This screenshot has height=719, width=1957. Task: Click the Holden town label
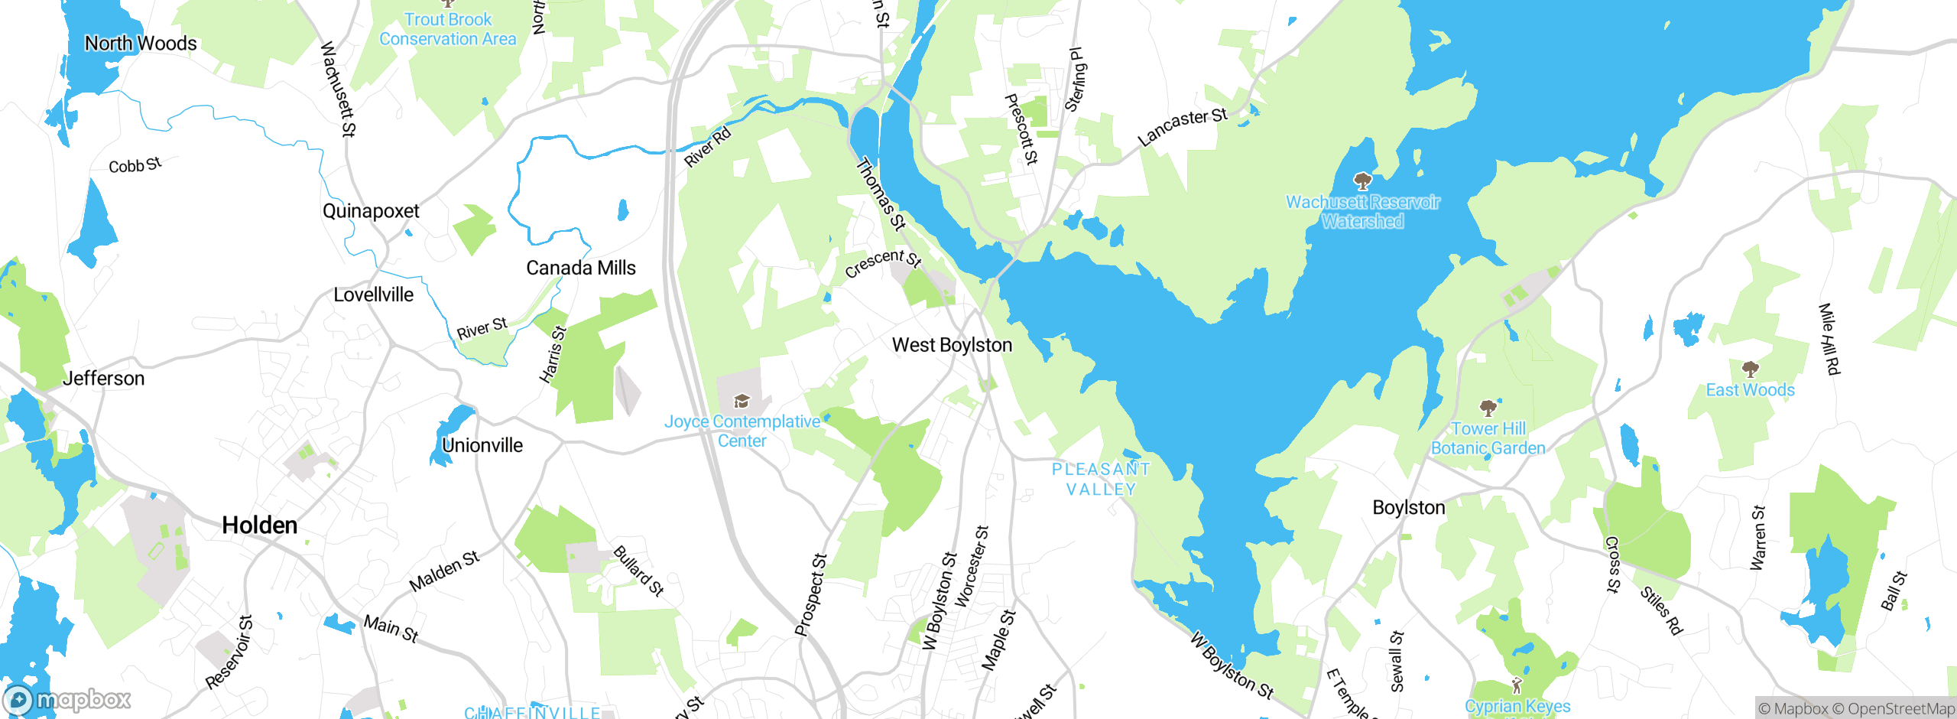(x=259, y=525)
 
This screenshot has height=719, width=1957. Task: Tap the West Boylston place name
(x=952, y=345)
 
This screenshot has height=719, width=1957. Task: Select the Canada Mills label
(x=580, y=268)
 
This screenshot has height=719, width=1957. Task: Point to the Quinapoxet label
(x=371, y=211)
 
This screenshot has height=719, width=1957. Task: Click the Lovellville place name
(x=373, y=294)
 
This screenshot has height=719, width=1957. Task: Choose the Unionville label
(x=482, y=445)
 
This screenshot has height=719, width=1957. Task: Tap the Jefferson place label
(x=103, y=379)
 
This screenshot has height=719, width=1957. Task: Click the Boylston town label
(x=1408, y=508)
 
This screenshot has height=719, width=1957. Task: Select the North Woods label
(x=141, y=44)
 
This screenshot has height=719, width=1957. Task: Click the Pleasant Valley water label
(x=1101, y=479)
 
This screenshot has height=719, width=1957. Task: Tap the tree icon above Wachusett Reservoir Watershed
(x=1362, y=181)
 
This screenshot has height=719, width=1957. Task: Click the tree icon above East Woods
(x=1750, y=370)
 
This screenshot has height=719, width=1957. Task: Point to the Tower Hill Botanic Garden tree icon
(x=1488, y=408)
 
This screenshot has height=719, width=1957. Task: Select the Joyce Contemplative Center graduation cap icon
(x=741, y=402)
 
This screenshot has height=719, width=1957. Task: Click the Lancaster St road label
(x=1182, y=126)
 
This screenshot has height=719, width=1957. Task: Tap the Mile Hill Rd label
(x=1829, y=339)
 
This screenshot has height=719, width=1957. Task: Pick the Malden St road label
(x=444, y=571)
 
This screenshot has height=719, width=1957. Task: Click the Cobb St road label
(x=135, y=165)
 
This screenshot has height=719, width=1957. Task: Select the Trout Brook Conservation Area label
(x=448, y=29)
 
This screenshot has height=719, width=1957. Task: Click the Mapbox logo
(x=67, y=699)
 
